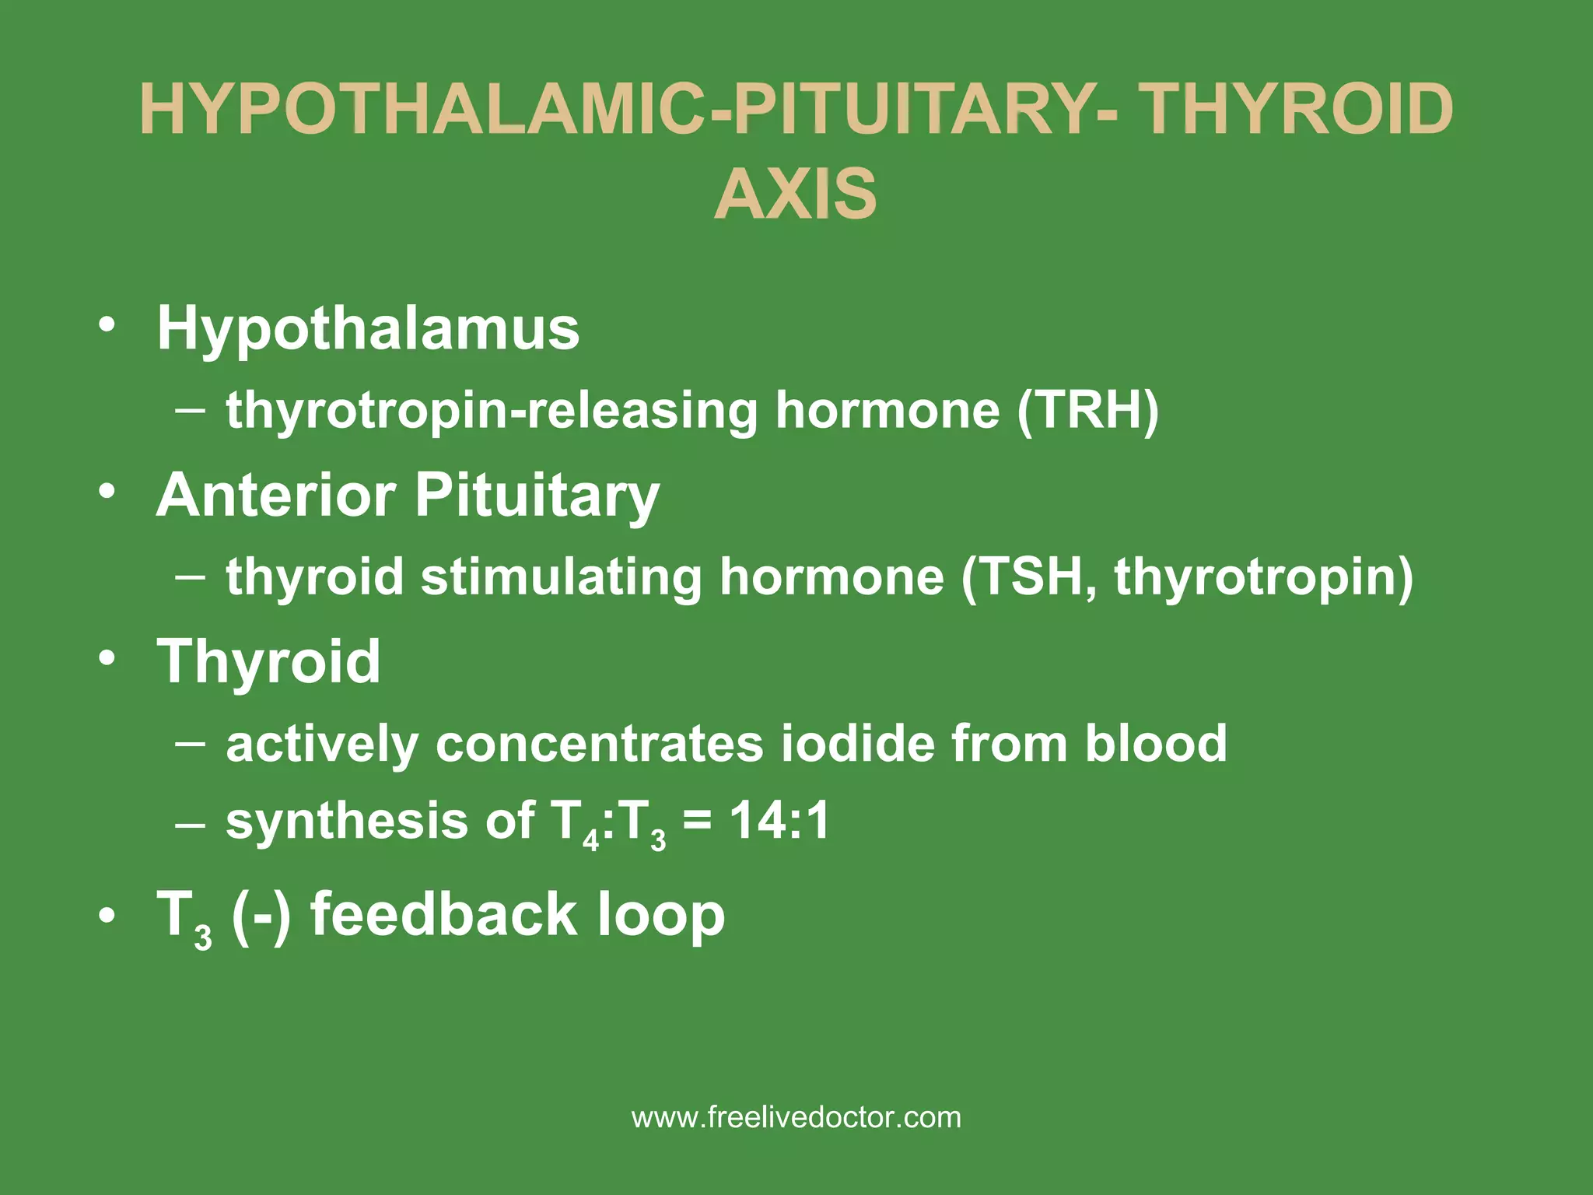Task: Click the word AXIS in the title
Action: pos(796,193)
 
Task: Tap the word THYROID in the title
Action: pos(1299,110)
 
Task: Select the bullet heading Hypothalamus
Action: pos(368,328)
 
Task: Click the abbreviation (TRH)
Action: pos(1087,410)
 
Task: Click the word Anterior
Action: pos(275,495)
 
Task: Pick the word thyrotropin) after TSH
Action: pos(1264,578)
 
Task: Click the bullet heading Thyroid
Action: pos(269,662)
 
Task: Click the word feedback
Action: pos(444,914)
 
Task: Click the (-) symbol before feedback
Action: pos(261,916)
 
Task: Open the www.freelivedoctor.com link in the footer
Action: pos(796,1118)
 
